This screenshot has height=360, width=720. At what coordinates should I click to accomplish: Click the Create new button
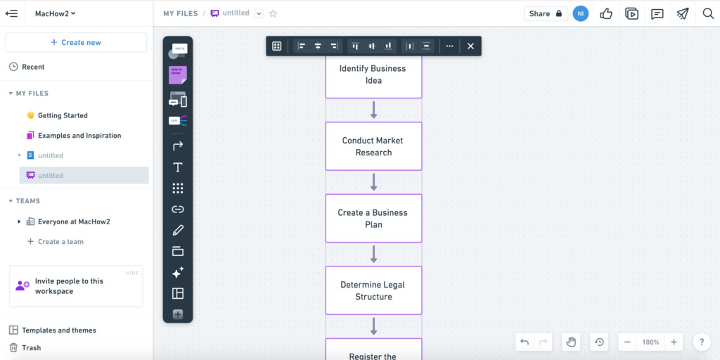point(76,42)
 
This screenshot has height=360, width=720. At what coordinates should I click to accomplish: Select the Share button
point(546,13)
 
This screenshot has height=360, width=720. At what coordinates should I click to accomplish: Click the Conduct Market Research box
point(373,146)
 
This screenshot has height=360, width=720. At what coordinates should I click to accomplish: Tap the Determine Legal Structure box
point(373,290)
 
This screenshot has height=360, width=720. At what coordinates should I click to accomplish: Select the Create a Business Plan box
point(373,218)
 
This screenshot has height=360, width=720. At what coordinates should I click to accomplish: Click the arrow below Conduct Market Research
point(373,182)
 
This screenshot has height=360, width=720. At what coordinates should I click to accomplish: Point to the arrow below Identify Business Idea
point(373,110)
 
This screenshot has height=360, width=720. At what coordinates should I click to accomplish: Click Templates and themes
point(53,330)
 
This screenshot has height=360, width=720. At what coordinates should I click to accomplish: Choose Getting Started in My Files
point(57,115)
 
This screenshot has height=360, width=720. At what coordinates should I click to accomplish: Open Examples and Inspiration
point(74,136)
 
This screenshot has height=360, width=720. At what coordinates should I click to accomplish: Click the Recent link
point(27,67)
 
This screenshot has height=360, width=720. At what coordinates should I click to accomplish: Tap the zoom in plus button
point(674,342)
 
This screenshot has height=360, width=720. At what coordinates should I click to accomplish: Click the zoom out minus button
point(627,342)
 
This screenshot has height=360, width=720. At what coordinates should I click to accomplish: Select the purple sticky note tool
point(178,75)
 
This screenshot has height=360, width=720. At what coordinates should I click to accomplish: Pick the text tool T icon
point(178,167)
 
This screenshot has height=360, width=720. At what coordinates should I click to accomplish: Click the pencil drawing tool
point(178,230)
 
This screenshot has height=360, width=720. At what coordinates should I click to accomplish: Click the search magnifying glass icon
point(708,13)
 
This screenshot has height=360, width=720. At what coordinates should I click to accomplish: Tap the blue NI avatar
point(580,13)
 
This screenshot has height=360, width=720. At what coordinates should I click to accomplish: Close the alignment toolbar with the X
point(470,46)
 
